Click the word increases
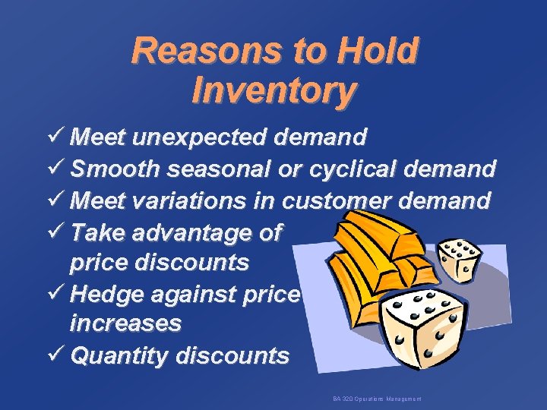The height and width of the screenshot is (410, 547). click(125, 323)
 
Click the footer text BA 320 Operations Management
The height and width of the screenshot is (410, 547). click(377, 399)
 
